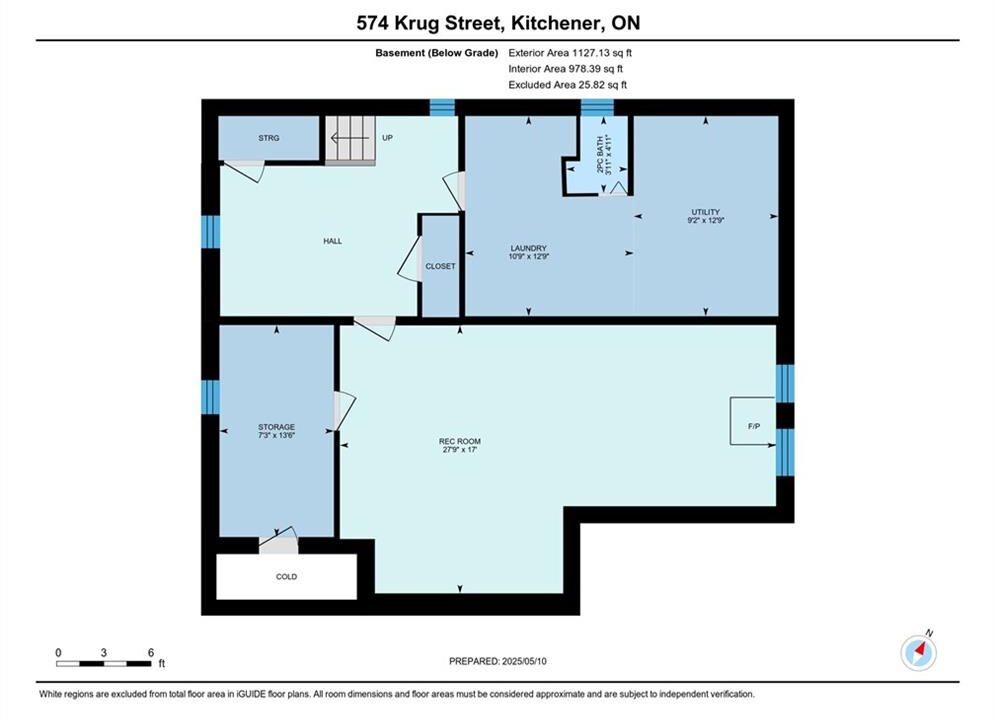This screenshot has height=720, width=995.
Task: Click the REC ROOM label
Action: (459, 441)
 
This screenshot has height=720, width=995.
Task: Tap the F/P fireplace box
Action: (753, 421)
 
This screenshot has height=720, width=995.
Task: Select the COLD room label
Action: (286, 577)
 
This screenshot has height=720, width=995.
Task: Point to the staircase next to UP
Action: (350, 140)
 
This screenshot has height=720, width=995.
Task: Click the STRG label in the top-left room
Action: (268, 138)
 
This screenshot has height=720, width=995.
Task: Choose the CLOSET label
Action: (440, 266)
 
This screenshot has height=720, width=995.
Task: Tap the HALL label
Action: (333, 241)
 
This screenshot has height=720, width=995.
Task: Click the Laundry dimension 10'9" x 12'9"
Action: (529, 257)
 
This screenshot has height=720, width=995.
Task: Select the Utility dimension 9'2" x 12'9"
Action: (706, 221)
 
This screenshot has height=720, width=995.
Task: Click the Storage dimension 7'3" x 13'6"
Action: (277, 436)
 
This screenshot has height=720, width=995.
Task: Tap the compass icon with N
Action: (918, 651)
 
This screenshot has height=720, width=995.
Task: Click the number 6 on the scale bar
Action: (151, 652)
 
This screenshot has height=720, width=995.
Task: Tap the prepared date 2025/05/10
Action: (524, 661)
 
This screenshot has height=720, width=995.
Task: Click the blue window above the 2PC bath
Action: (597, 107)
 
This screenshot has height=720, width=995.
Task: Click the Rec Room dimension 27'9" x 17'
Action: (459, 450)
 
